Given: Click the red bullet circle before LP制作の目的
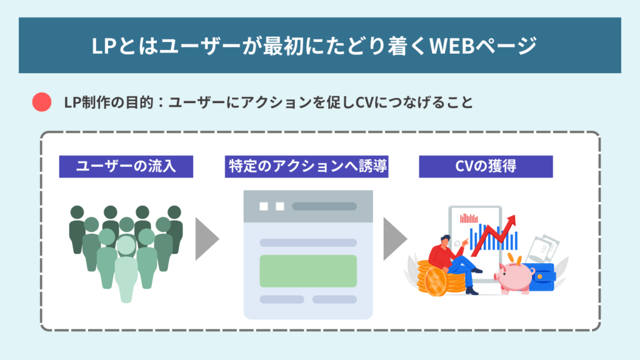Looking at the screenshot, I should [x=41, y=102].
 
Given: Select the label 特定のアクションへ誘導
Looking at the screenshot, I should [x=306, y=167].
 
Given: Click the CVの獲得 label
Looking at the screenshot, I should [x=486, y=167].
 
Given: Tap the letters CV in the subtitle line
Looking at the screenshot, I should [x=366, y=102].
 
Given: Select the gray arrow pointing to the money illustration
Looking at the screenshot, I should [x=394, y=239].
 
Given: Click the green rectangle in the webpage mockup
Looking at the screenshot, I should [x=307, y=271].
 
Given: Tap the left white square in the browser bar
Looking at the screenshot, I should [x=264, y=206].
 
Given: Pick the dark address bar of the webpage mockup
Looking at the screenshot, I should [x=324, y=206].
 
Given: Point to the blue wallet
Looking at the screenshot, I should [x=542, y=275].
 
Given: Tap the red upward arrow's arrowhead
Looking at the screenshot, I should [x=511, y=220].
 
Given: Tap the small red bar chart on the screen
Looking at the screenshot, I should [x=468, y=218].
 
